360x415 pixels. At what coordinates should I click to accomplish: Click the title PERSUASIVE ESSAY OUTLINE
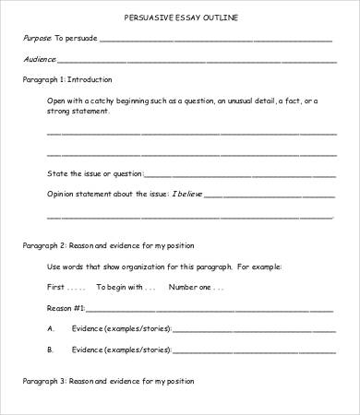(x=179, y=18)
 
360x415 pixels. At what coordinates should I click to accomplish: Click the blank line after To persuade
(x=215, y=41)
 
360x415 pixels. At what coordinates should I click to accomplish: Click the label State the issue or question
(x=94, y=172)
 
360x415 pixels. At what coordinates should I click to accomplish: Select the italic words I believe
(x=185, y=194)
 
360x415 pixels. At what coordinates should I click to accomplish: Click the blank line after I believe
(x=267, y=196)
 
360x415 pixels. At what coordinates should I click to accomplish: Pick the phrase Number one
(x=189, y=286)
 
